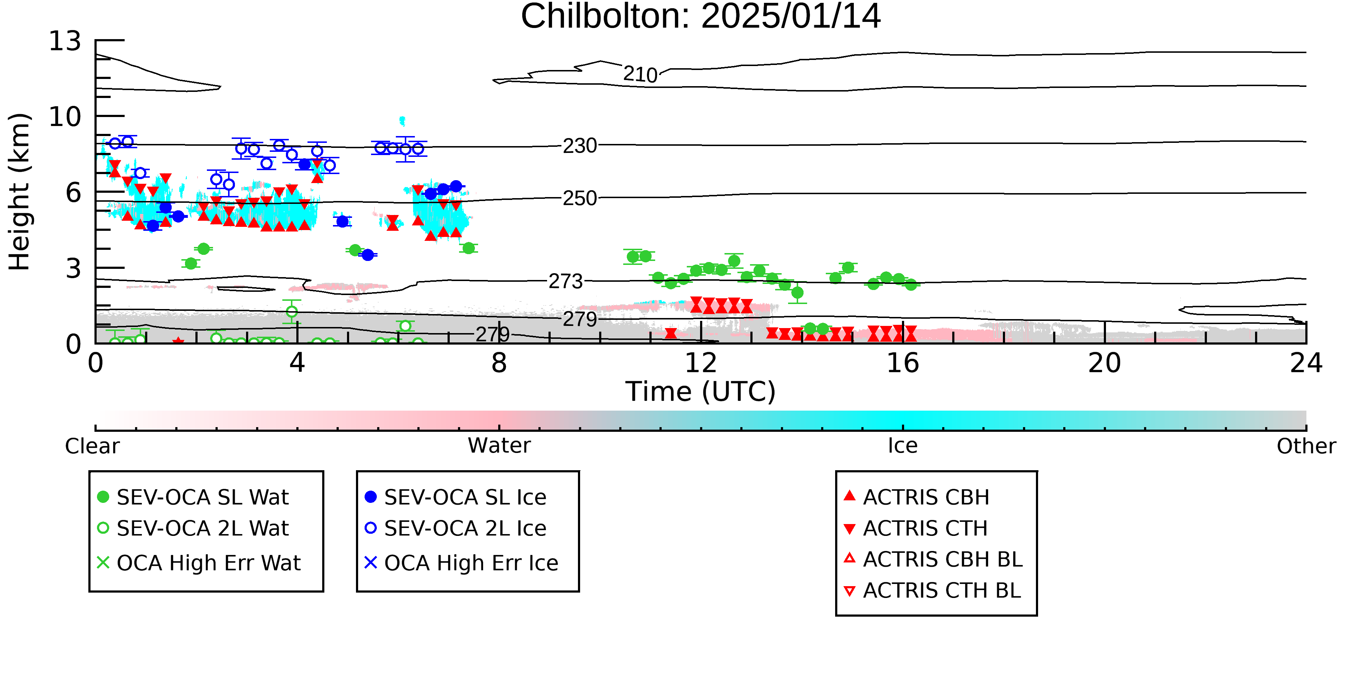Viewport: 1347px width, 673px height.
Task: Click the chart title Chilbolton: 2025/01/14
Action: click(701, 17)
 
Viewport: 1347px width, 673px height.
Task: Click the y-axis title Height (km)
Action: click(19, 192)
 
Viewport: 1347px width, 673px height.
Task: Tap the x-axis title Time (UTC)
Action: click(701, 391)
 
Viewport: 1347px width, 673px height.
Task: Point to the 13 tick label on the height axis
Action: click(65, 41)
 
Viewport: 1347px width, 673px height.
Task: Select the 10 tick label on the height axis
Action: click(65, 117)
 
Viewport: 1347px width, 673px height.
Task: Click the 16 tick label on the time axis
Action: click(903, 363)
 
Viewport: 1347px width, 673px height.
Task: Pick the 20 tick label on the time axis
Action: click(1105, 363)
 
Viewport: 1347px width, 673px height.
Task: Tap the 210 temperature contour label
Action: click(640, 74)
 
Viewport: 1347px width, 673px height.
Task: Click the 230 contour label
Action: click(579, 145)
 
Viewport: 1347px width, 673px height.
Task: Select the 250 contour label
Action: click(579, 198)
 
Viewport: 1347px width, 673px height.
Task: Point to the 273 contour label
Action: click(566, 282)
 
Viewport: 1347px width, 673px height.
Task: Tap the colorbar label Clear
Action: click(92, 446)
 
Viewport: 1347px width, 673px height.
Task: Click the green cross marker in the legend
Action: click(103, 563)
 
